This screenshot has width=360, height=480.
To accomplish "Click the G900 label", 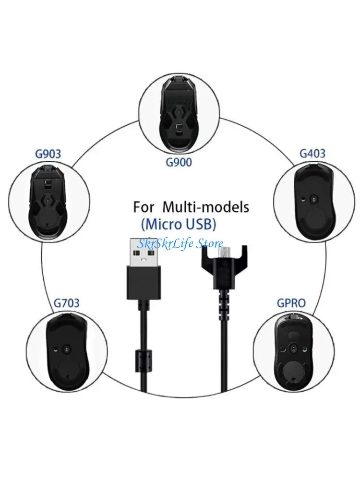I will (x=179, y=162).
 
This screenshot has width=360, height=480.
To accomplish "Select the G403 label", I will (x=312, y=154).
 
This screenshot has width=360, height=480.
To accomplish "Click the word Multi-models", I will (x=206, y=207).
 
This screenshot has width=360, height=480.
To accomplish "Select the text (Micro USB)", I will (x=179, y=224).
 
